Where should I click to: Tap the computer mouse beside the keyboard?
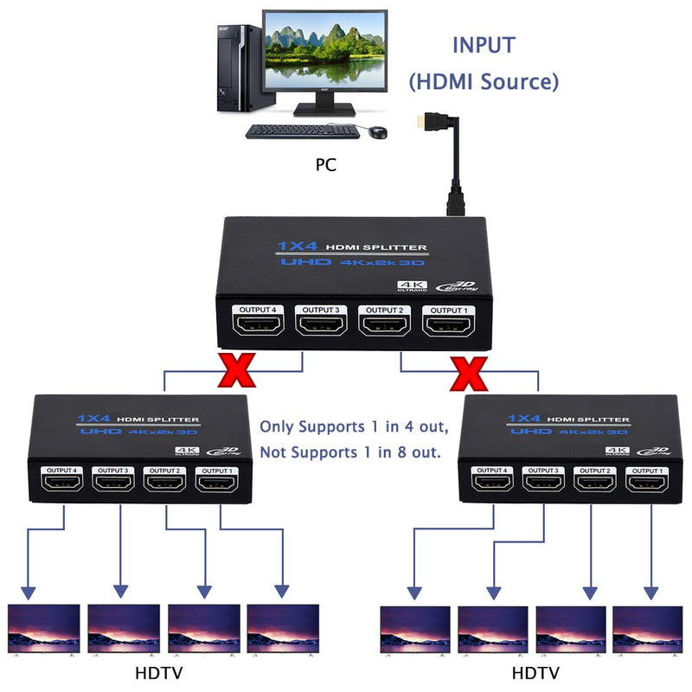[378, 131]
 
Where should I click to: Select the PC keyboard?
[301, 131]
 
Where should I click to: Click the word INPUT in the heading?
[483, 45]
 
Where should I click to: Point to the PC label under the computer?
[325, 164]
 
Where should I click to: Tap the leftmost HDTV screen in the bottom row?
[43, 627]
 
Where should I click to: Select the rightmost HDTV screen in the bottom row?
[648, 628]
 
